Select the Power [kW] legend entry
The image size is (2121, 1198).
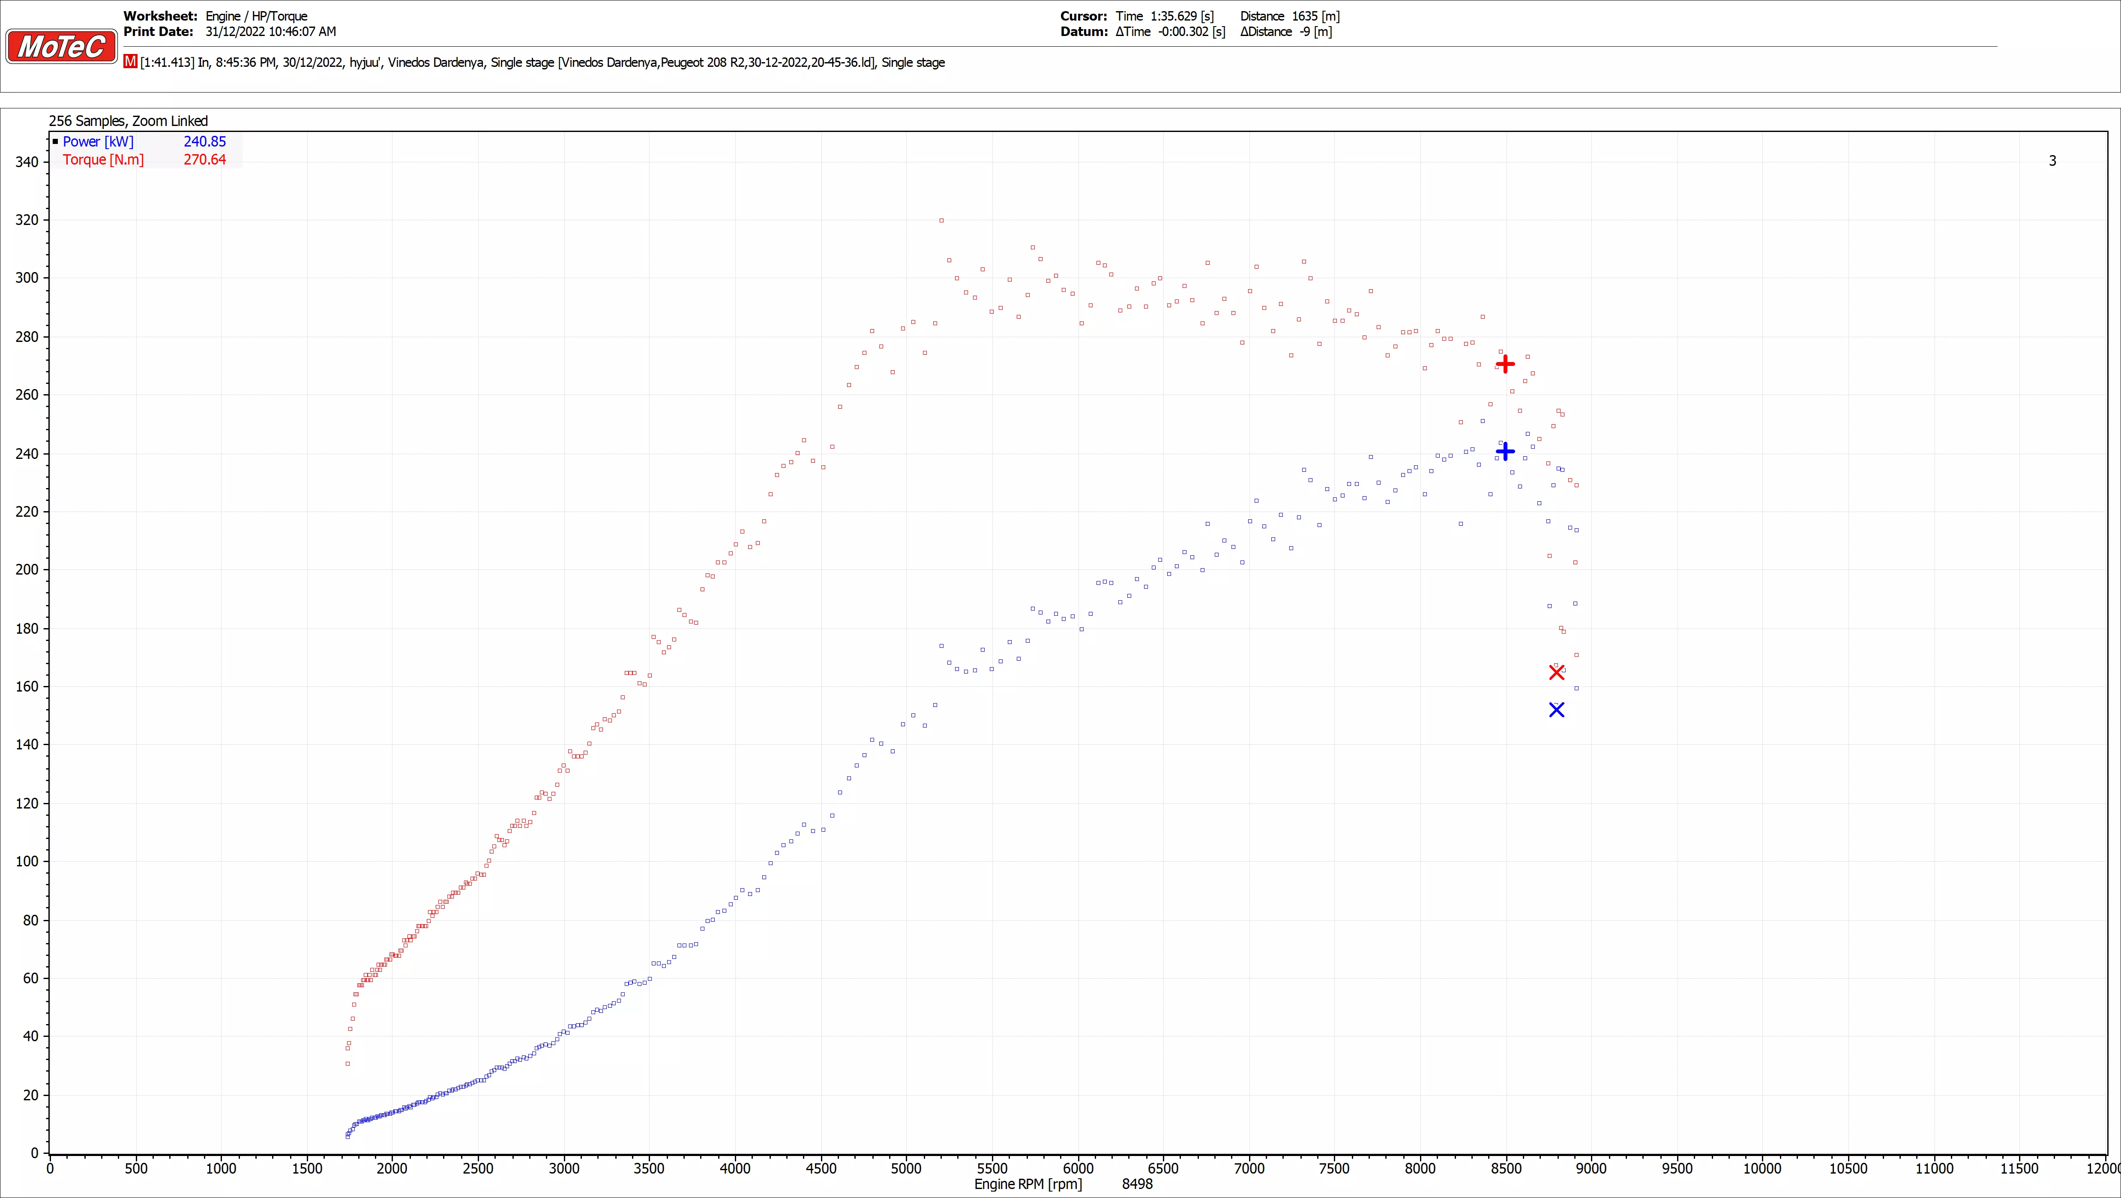(x=98, y=142)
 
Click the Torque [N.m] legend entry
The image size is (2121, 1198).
(x=103, y=160)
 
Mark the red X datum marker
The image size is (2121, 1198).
(x=1556, y=673)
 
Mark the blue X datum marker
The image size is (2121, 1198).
(x=1556, y=710)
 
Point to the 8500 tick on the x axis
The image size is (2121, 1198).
(x=1506, y=1168)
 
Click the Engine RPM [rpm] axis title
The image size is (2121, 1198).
(x=1028, y=1184)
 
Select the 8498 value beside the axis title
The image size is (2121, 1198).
(x=1137, y=1184)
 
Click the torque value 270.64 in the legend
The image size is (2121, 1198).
(x=204, y=160)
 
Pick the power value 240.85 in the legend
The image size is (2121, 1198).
(x=204, y=142)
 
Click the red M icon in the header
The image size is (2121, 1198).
(x=130, y=62)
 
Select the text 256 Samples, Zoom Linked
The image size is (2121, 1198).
(x=129, y=121)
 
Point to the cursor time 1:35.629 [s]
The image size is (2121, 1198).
(x=1164, y=16)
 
